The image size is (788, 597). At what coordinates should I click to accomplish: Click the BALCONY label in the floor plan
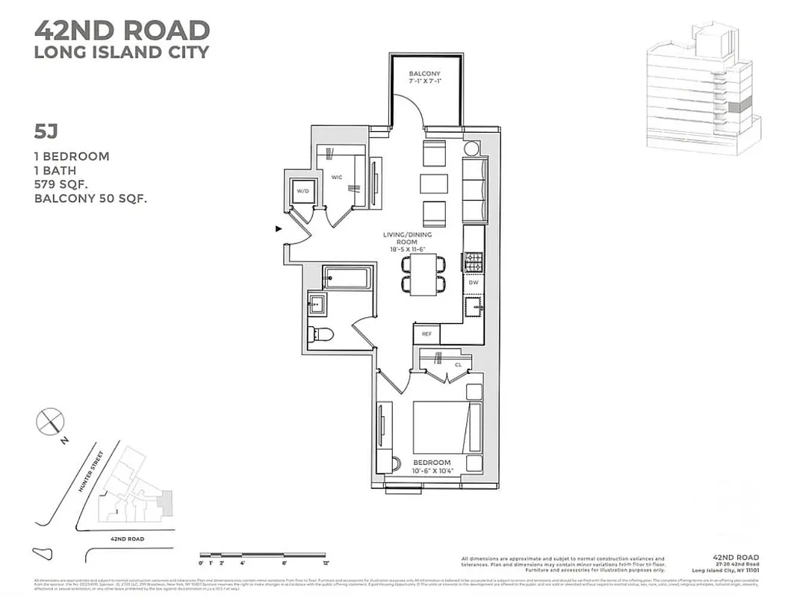pos(425,74)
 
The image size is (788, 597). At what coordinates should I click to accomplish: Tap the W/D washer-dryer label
pos(303,190)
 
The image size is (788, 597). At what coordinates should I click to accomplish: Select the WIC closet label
pos(336,178)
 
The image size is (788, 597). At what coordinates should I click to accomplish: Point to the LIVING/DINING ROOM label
pos(407,240)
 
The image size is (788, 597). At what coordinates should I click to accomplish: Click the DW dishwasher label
pos(474,283)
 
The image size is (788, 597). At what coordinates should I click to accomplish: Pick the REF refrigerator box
pos(426,334)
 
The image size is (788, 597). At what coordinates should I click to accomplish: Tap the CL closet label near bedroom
pos(458,365)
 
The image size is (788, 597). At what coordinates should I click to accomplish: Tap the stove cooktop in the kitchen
pos(473,262)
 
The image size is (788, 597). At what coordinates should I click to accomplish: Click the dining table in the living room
pos(423,274)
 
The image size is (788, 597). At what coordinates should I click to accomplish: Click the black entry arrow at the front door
pos(279,229)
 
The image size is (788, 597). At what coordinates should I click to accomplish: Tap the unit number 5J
pos(46,131)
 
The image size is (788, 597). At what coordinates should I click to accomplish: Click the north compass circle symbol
pos(49,422)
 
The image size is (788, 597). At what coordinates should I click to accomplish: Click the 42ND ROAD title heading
pos(122,31)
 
